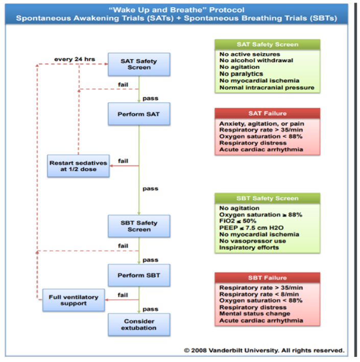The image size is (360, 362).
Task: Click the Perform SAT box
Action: [139, 114]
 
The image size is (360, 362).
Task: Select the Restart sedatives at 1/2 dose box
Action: [79, 166]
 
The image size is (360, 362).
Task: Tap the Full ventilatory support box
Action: [74, 300]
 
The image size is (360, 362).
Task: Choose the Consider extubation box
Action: [139, 324]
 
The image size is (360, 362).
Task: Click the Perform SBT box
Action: [139, 275]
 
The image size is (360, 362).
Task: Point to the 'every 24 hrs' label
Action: [75, 59]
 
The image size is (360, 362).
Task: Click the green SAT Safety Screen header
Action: [267, 44]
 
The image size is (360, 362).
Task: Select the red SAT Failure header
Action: [267, 114]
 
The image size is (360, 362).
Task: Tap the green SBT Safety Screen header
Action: [267, 198]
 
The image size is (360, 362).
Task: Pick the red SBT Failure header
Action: [267, 278]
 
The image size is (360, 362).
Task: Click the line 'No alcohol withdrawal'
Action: [256, 60]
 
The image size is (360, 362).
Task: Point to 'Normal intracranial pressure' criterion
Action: [267, 88]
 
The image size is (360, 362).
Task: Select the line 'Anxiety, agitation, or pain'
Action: [262, 124]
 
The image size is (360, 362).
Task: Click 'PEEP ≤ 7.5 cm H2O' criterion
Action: [251, 228]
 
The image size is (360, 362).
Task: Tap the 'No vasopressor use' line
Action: [253, 241]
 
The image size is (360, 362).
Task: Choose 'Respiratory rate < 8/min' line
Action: [259, 295]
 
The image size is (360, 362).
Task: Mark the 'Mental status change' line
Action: [255, 314]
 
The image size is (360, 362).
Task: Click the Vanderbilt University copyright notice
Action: [264, 350]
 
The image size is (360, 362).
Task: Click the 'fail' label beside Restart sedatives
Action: [123, 161]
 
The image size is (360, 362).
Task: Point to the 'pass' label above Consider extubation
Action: [150, 309]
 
